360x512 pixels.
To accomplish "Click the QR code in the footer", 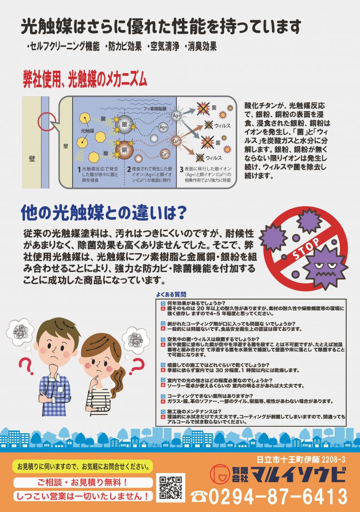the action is click(170, 487).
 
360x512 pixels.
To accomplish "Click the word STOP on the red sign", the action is click(306, 249).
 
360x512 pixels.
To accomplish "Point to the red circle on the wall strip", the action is click(45, 121).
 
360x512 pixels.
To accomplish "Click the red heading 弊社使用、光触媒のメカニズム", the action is click(85, 79).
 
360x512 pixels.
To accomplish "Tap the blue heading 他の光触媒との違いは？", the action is click(104, 212).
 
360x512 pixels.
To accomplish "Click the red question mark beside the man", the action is click(26, 366).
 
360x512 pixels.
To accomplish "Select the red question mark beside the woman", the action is click(137, 366).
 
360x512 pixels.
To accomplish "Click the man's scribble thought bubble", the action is click(20, 331).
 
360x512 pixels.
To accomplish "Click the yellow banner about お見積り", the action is click(83, 467).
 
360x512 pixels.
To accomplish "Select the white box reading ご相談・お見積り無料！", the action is click(83, 482).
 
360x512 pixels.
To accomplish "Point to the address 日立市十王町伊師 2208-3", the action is click(300, 459).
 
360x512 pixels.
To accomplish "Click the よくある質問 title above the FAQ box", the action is click(171, 294).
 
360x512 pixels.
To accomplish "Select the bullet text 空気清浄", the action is click(165, 47).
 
